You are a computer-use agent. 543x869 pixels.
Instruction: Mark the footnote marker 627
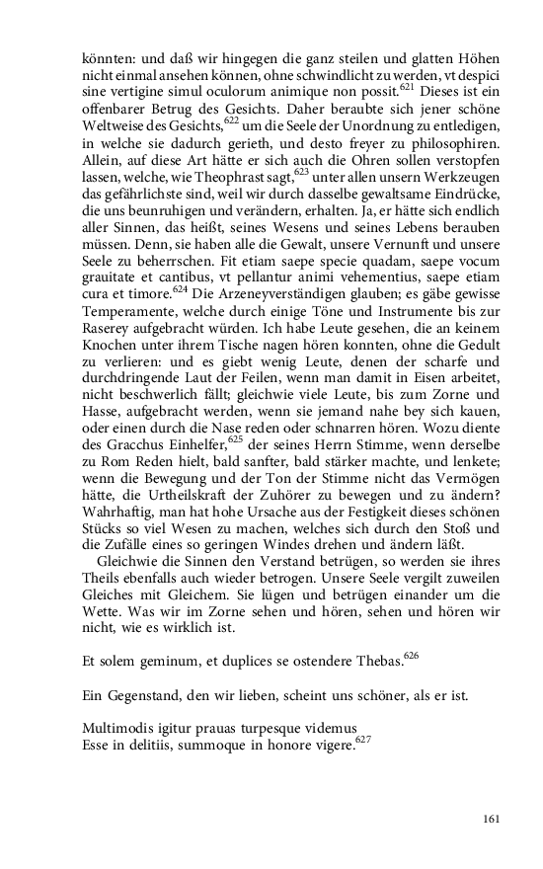pyautogui.click(x=363, y=740)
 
